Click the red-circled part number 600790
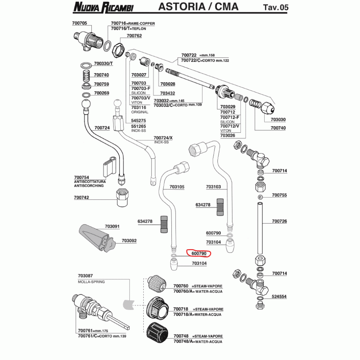199,253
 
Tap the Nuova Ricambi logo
103,7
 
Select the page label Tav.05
275,7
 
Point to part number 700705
80,23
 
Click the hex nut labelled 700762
118,50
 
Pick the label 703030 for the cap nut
278,120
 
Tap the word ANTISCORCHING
89,186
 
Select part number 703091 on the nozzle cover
112,226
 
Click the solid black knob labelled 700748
157,334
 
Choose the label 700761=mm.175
93,330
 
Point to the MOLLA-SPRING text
91,282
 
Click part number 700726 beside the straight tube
279,221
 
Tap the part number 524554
279,296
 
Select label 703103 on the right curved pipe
213,186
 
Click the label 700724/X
163,138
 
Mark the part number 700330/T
103,63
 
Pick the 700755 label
279,195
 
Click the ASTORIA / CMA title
198,6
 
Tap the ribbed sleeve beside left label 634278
164,224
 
